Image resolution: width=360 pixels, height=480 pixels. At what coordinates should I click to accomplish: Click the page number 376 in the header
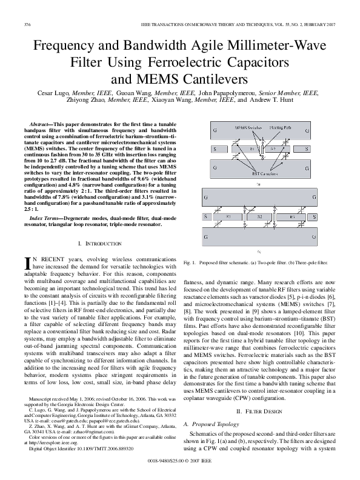(27, 24)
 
